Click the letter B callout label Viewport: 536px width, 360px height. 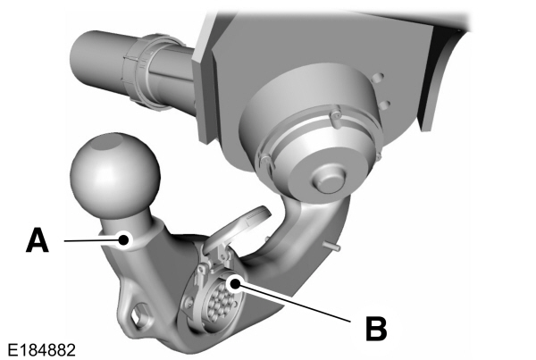(x=376, y=327)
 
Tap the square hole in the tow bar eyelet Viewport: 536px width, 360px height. (x=138, y=315)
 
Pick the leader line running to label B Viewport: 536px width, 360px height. (x=295, y=303)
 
